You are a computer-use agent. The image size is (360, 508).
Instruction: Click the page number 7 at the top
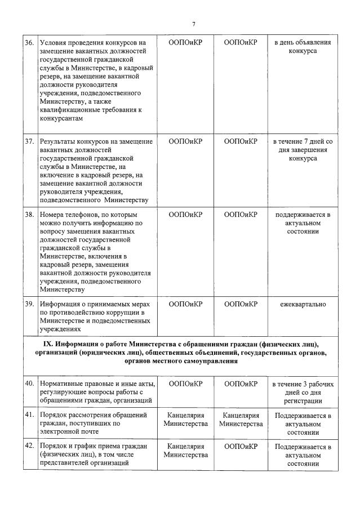point(193,24)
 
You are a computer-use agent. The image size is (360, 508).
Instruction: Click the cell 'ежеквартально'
point(303,304)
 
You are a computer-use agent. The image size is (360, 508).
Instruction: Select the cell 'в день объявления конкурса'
point(303,47)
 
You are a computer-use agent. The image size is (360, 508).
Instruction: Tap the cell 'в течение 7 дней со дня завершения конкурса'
point(303,150)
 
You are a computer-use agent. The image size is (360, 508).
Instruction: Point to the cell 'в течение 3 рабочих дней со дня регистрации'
point(303,392)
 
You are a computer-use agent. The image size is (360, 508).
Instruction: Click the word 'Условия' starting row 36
point(52,43)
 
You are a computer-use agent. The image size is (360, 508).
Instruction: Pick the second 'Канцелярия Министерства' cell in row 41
point(241,420)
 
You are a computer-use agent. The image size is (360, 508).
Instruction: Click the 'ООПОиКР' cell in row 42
point(241,447)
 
